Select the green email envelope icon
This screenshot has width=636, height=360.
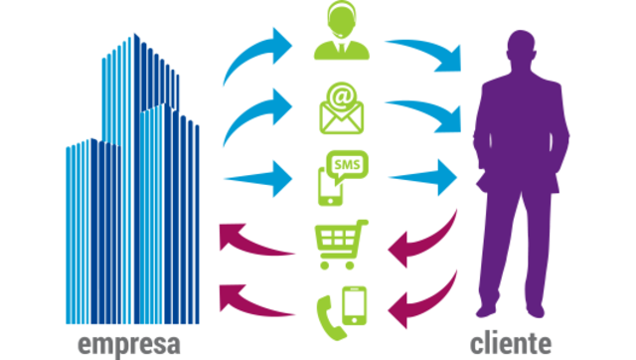tap(341, 111)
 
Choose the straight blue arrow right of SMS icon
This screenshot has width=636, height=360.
tap(422, 179)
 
